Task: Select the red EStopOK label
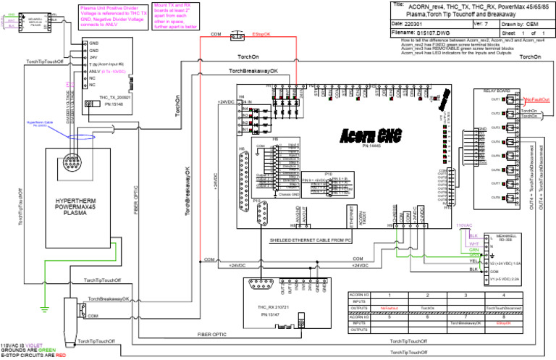click(x=262, y=34)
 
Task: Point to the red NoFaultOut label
click(x=537, y=99)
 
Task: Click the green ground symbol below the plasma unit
click(x=45, y=302)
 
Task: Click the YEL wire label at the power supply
click(x=474, y=261)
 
